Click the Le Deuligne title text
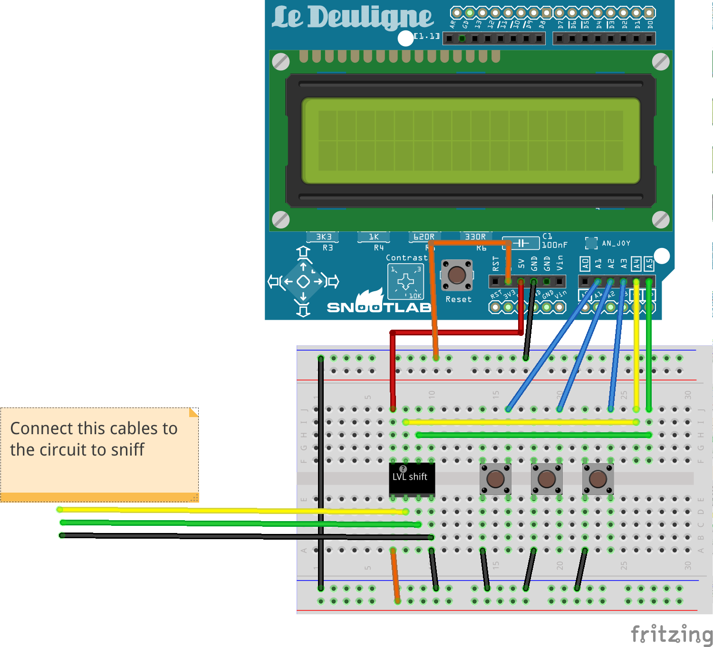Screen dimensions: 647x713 (352, 18)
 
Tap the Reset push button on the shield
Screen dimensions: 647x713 (457, 275)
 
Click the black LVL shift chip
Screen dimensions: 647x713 (412, 479)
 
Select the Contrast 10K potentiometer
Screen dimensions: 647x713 (405, 282)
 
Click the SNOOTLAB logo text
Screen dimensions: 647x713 (379, 307)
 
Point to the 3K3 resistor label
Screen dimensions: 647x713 (324, 237)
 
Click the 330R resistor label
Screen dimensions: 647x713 (475, 237)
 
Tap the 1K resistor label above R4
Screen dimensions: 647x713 (374, 237)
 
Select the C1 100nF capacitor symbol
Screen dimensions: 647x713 (521, 243)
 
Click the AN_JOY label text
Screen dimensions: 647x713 (616, 243)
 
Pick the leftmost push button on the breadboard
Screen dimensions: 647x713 (495, 479)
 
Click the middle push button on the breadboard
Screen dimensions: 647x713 (547, 479)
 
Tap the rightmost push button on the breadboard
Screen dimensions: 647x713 (598, 479)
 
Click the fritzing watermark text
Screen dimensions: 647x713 (672, 635)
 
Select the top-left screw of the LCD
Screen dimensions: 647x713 (281, 61)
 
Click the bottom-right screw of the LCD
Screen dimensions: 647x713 (661, 219)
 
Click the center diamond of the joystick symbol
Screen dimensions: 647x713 (303, 282)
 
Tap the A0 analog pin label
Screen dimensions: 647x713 (585, 264)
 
